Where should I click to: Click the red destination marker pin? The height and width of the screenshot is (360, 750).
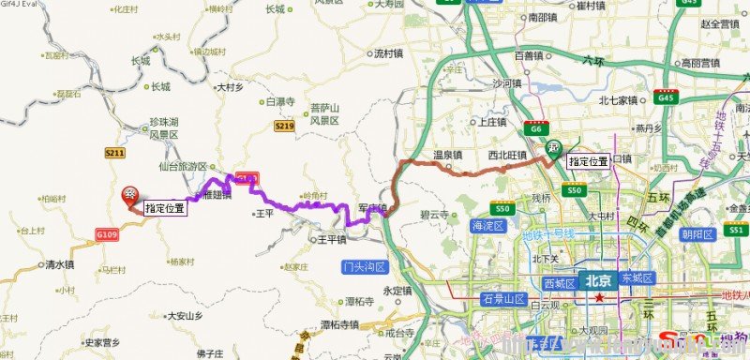click(x=131, y=194)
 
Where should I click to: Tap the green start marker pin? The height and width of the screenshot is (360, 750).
click(x=556, y=146)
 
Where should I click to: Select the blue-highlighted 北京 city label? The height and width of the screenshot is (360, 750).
click(x=597, y=280)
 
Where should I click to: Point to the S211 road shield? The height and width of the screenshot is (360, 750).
click(x=115, y=152)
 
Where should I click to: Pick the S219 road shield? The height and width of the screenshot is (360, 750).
click(x=285, y=125)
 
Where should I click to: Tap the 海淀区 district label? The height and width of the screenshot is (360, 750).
click(x=488, y=226)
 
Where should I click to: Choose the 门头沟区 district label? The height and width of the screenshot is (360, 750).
click(x=366, y=266)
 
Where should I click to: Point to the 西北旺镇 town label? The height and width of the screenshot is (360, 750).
click(x=507, y=155)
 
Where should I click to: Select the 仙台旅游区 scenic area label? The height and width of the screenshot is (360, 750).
click(x=182, y=166)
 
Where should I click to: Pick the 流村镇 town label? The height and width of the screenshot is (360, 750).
click(x=386, y=53)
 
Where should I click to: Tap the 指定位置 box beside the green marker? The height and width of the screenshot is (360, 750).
click(x=589, y=161)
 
